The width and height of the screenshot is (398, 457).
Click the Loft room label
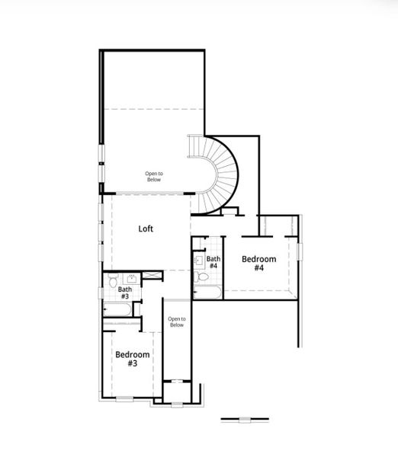point(147,228)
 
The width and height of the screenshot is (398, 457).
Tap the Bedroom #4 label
point(258,264)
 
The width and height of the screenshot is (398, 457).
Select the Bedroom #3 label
point(132,359)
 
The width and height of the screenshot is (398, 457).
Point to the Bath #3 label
point(124,292)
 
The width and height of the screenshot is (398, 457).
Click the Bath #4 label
point(213,263)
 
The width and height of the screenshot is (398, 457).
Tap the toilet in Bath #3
point(112,282)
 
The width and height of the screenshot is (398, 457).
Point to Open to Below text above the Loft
point(154,176)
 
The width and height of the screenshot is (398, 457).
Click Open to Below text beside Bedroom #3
point(177,321)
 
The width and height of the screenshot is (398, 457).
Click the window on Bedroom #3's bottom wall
point(124,398)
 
